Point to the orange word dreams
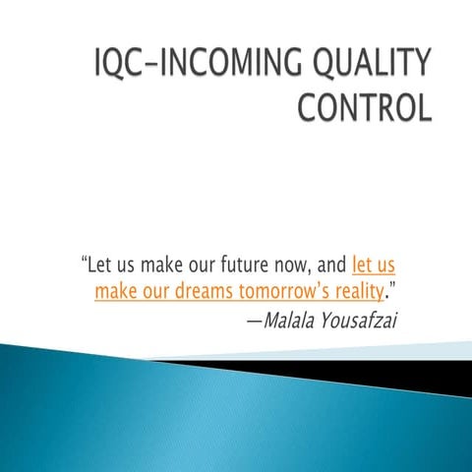(x=202, y=291)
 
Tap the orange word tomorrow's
(x=278, y=291)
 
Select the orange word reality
(x=353, y=292)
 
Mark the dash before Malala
(x=254, y=320)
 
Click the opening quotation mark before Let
(x=83, y=259)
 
